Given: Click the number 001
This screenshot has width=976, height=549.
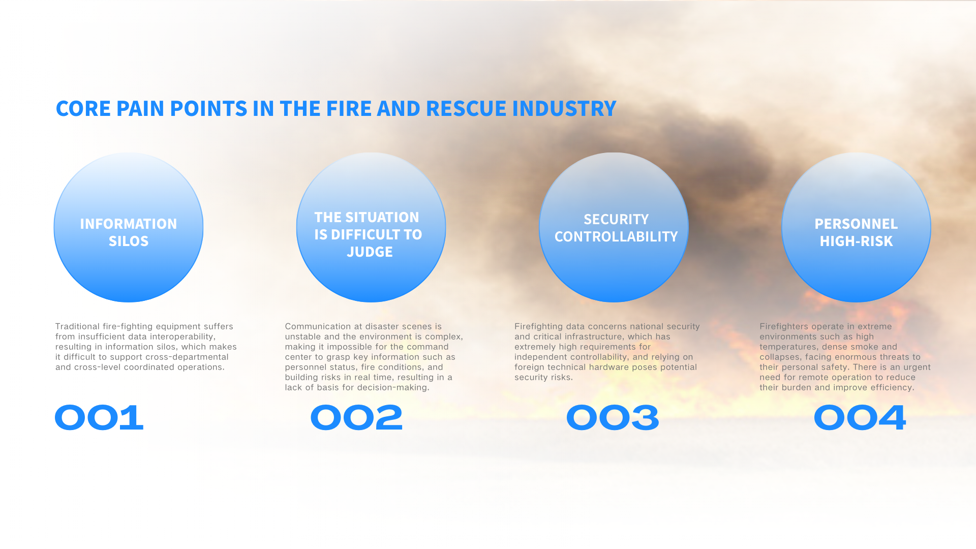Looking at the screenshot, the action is pos(99,418).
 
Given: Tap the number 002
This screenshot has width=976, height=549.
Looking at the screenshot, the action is pos(356,418).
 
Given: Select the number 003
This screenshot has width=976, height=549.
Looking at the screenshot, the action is pos(613,418).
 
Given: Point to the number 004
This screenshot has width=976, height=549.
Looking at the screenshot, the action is pos(860,418).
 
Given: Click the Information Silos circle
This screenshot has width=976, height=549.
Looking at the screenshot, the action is pos(129,227).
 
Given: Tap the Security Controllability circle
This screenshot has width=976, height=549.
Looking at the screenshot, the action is pos(614,227).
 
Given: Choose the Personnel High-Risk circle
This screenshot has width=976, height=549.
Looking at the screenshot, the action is pos(856,227).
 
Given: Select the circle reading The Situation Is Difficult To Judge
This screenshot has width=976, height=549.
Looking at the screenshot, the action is pos(371,227).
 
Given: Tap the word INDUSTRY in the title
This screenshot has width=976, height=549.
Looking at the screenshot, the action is pos(564,109).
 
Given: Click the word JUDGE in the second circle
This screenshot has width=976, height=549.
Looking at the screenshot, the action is pos(370,252).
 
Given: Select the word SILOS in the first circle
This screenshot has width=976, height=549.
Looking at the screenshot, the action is pos(129,241).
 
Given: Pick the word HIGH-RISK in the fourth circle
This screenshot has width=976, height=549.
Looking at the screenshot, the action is pos(856,241).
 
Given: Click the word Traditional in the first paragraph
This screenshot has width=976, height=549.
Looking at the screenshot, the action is pos(78,326).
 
